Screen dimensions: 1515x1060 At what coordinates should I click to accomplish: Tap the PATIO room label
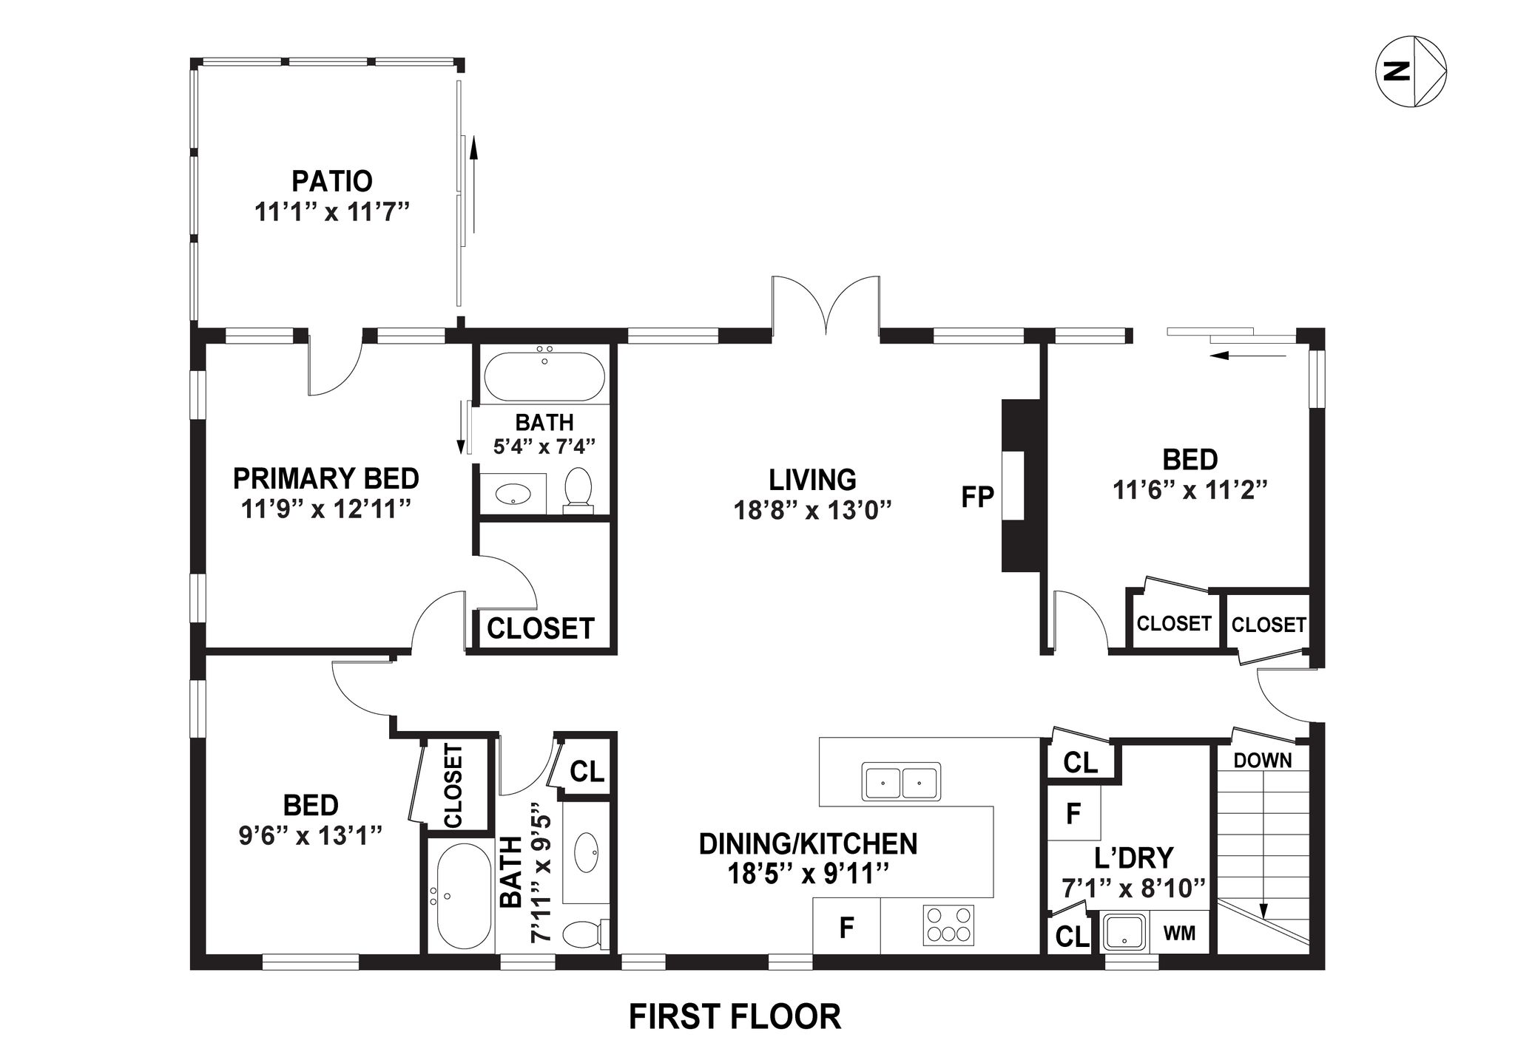(332, 181)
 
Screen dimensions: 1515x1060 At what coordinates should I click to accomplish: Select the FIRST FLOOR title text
(735, 1016)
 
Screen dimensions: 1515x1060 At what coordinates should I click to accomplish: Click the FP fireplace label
(976, 497)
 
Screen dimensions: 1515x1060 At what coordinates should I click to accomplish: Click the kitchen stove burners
(948, 925)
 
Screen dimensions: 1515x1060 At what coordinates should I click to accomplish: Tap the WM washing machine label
(1179, 933)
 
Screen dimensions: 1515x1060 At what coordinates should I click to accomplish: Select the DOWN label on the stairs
(1263, 760)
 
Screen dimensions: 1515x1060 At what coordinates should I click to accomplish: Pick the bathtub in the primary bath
(544, 376)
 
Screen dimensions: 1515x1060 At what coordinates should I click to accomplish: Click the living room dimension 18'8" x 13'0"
(812, 510)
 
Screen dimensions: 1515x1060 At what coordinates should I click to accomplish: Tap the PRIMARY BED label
(326, 478)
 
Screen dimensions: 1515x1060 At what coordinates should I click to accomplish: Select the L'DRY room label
(1133, 857)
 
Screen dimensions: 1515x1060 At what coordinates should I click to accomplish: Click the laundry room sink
(1124, 932)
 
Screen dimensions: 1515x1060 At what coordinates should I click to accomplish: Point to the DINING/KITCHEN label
(808, 843)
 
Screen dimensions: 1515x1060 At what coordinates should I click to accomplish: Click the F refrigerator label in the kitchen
(847, 928)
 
